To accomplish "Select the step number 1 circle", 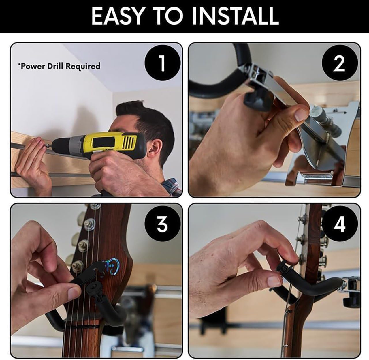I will [x=162, y=63].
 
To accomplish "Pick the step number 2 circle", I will [x=339, y=63].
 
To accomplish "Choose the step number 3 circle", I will [x=162, y=224].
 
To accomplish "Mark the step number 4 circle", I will [x=339, y=224].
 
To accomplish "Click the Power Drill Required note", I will [x=59, y=66].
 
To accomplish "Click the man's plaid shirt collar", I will [x=172, y=185].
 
